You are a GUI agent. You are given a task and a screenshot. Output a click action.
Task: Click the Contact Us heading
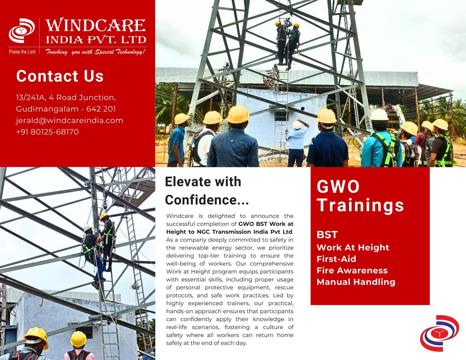(x=60, y=76)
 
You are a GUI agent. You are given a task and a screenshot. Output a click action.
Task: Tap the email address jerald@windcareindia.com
(x=70, y=120)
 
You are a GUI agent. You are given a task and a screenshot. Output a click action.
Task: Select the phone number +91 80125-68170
(x=47, y=132)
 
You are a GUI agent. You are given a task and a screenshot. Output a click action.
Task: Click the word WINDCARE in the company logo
(x=96, y=25)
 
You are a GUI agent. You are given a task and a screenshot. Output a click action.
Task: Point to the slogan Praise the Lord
(x=22, y=52)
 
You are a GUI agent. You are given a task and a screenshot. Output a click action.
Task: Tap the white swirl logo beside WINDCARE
(x=22, y=30)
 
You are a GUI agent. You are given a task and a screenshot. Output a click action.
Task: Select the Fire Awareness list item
(x=352, y=270)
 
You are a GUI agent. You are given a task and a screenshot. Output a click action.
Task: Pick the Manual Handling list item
(x=356, y=282)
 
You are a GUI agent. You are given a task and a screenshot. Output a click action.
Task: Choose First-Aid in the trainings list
(x=336, y=259)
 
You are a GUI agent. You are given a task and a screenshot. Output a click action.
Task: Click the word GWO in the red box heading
(x=338, y=186)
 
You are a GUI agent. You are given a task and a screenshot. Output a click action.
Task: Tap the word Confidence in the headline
(x=200, y=200)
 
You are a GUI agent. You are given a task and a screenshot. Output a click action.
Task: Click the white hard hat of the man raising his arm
(x=297, y=125)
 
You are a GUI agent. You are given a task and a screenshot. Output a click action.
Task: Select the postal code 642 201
(x=101, y=109)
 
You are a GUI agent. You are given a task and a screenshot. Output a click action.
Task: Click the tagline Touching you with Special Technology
(x=96, y=52)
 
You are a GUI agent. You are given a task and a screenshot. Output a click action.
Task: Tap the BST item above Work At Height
(x=327, y=235)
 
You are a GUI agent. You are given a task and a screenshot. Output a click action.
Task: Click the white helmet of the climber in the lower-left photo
(x=87, y=228)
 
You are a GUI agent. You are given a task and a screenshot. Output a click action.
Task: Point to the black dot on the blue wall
(x=303, y=109)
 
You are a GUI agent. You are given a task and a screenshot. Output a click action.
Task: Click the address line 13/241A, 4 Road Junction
(x=66, y=97)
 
